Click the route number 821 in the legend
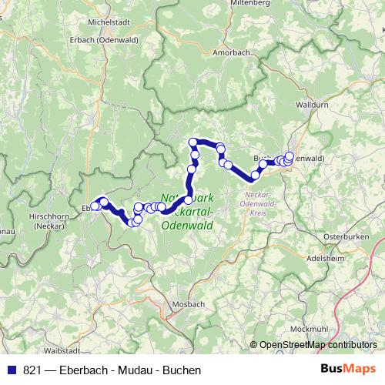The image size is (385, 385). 32,370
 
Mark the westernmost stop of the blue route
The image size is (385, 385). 95,206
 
